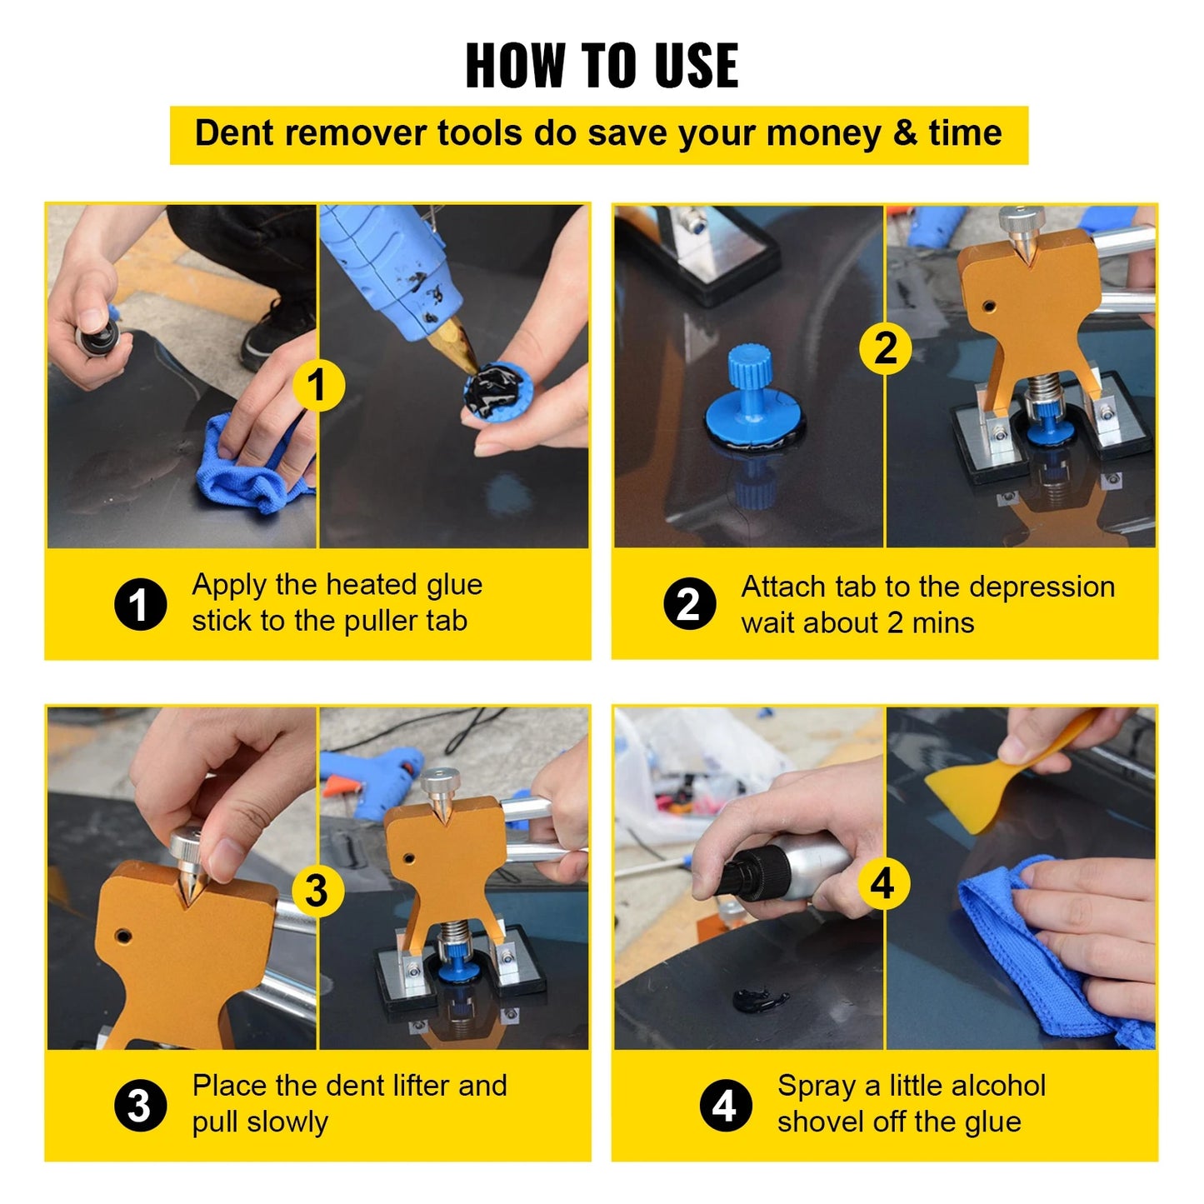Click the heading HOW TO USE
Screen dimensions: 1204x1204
click(602, 65)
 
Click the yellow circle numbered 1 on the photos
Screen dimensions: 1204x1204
click(317, 385)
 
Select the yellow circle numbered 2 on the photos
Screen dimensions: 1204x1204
click(886, 347)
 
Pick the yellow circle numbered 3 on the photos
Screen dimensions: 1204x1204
click(317, 890)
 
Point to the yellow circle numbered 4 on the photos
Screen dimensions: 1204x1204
click(883, 883)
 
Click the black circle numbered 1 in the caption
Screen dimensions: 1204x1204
click(140, 604)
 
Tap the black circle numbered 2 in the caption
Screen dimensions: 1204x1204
click(689, 604)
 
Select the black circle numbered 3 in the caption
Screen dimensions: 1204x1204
click(140, 1106)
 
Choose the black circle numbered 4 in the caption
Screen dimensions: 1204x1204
click(725, 1106)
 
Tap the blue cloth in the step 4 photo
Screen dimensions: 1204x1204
click(1033, 950)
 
